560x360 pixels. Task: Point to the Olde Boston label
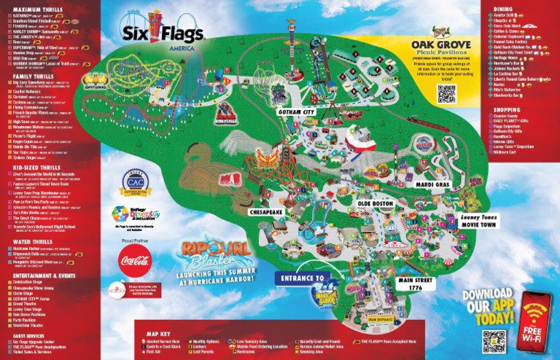(x=376, y=203)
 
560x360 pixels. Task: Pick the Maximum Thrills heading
(x=34, y=9)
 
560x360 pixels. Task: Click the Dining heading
(x=505, y=9)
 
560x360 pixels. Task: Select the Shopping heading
(x=508, y=110)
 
